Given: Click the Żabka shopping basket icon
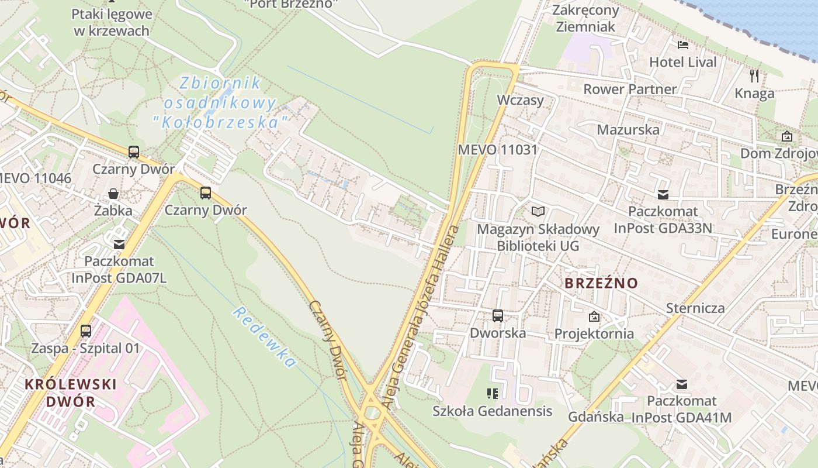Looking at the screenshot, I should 113,194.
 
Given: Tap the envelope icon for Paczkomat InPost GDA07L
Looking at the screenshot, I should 119,245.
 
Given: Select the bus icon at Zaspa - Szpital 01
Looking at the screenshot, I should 86,331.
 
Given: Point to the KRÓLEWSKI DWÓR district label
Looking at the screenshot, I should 71,393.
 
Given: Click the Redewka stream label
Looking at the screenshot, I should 263,337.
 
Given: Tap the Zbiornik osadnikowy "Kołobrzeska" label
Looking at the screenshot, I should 220,103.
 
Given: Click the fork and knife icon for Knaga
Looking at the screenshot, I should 754,75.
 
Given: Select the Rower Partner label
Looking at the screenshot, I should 630,90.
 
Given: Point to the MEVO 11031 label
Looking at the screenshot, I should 497,149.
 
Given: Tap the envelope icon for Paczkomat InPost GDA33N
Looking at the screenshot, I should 663,195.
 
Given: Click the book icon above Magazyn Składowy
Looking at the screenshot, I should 538,211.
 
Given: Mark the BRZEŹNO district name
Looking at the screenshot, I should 601,283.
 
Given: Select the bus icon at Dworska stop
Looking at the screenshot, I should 498,316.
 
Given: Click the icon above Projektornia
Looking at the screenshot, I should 594,316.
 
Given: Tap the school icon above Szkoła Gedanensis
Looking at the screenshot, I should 493,394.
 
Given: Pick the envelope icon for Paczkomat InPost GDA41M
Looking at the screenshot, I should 681,384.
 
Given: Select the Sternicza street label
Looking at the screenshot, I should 695,308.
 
